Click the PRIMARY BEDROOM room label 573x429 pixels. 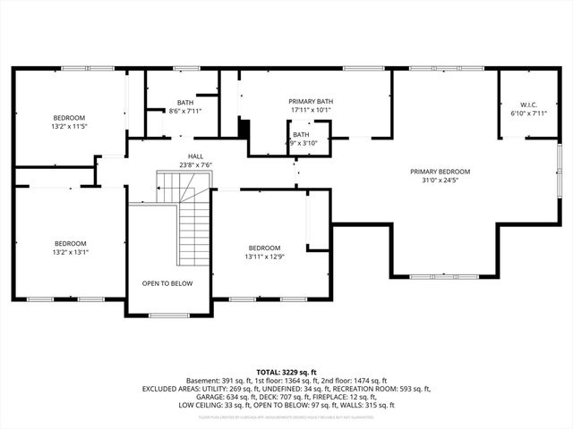[x=440, y=172]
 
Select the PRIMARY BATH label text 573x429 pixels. [x=309, y=102]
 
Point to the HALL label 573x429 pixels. [x=194, y=156]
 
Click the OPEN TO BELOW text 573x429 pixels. [x=167, y=283]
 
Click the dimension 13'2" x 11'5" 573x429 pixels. [x=69, y=127]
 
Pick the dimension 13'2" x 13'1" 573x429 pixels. [x=70, y=252]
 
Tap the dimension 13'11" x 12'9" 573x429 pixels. [x=265, y=257]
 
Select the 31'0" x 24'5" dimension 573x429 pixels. [x=440, y=181]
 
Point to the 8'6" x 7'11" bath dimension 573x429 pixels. [x=185, y=111]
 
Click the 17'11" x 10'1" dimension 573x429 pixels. [x=309, y=111]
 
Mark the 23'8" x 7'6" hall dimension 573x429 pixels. [x=194, y=164]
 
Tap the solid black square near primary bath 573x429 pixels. [x=244, y=127]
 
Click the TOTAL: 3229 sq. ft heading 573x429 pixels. [x=286, y=372]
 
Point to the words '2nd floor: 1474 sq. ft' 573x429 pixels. [x=351, y=380]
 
